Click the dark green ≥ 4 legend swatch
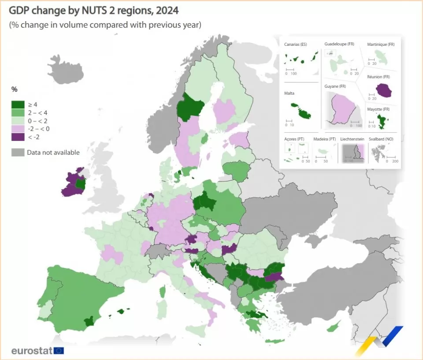point(17,104)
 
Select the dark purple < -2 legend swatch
point(17,137)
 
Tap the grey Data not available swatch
point(17,152)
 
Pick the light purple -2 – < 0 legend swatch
point(17,129)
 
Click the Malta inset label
point(289,93)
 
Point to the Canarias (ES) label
point(295,45)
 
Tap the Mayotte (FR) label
point(378,109)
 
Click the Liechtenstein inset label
point(352,139)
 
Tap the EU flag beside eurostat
point(59,351)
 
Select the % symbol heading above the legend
point(15,89)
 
